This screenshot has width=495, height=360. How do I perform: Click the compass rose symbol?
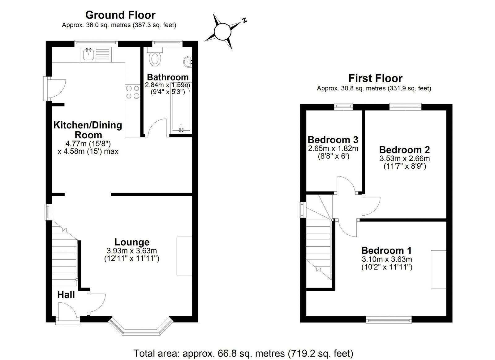coord(223,32)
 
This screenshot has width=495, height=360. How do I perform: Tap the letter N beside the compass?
coord(245,20)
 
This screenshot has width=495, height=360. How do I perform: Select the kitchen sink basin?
coord(88,54)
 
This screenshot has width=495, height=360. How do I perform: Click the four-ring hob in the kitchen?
coord(132,92)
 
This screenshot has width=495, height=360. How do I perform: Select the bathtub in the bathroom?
coord(181,108)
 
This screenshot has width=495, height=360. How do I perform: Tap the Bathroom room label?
coord(168,77)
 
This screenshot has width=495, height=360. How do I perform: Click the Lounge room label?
coord(132,242)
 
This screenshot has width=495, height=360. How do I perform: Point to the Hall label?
coord(66,295)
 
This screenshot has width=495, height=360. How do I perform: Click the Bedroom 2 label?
coord(404,150)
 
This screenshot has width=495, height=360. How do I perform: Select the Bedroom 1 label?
coord(387,250)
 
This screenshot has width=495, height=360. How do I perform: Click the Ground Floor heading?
coord(120,15)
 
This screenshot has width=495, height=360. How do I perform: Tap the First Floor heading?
coord(375,78)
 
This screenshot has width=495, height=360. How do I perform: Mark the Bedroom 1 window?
coord(389,320)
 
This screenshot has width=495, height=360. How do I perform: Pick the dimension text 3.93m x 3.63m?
coord(131,251)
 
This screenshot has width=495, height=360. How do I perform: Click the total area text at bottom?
coord(243,353)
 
